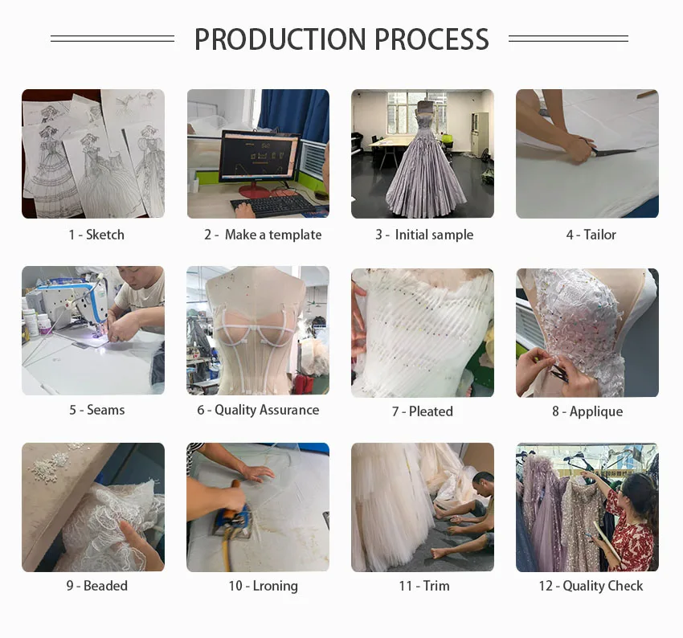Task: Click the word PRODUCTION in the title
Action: coord(280,39)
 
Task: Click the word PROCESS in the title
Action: coord(431,39)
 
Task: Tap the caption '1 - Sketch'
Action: coord(96,235)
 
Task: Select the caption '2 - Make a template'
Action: coord(263,235)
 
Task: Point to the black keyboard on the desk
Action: coord(273,206)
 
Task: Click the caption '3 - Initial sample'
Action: coord(424,235)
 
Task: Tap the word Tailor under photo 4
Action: coord(599,235)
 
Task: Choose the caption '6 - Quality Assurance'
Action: coord(258,410)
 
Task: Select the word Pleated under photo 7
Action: coord(431,411)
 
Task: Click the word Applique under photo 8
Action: coord(596,411)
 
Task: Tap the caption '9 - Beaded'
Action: coord(96,586)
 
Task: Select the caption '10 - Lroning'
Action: coord(263,587)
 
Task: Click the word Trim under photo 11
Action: coord(436,586)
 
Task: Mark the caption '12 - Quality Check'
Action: coord(591,587)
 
